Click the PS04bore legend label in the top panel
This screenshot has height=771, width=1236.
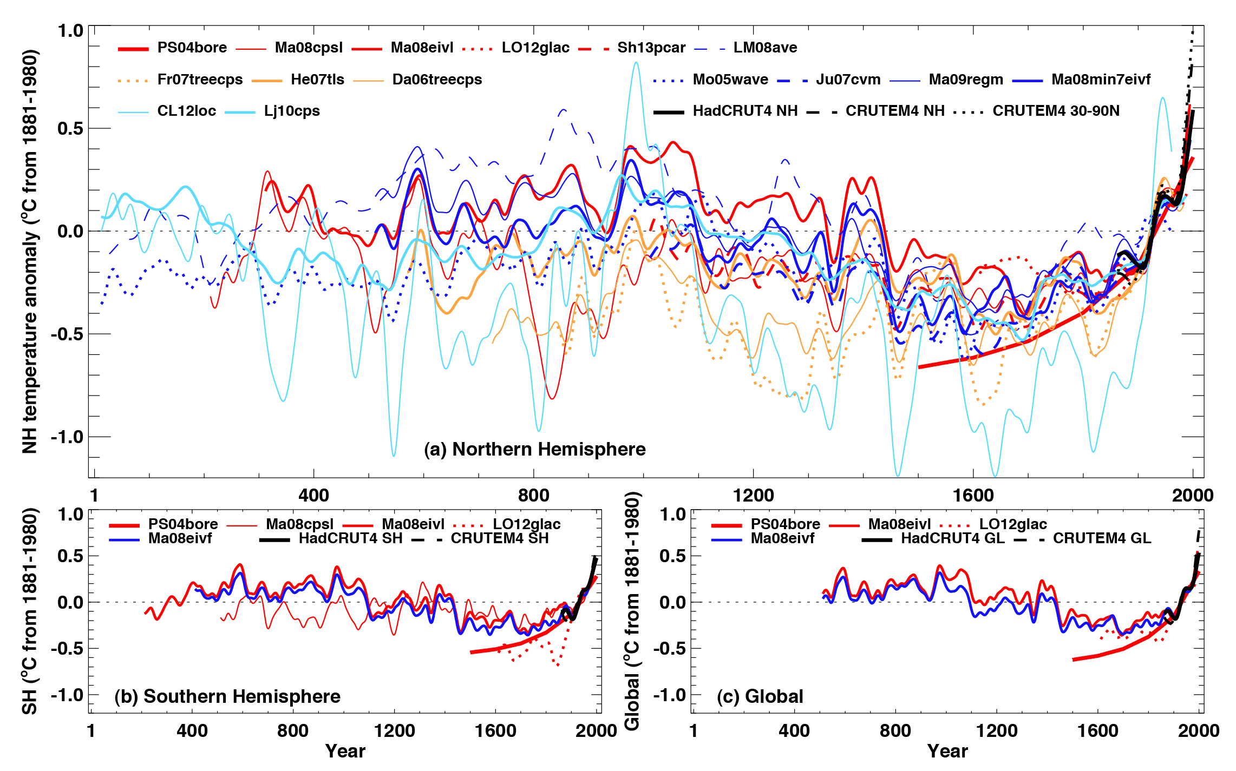point(192,48)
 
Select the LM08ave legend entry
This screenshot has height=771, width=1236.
point(765,48)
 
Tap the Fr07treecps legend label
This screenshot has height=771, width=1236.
point(200,80)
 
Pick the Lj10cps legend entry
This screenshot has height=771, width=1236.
point(292,111)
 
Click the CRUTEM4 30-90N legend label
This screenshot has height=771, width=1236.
point(1056,111)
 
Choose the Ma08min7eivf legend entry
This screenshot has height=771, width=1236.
point(1101,80)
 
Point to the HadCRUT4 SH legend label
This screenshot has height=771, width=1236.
point(350,538)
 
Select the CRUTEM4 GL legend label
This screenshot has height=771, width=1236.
point(1102,538)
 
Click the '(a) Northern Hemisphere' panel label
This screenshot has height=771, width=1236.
point(535,449)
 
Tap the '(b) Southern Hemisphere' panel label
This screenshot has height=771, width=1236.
point(227,696)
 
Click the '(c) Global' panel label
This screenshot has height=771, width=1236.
point(760,696)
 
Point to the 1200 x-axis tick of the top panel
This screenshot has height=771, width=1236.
point(753,495)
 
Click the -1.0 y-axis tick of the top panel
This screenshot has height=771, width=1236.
point(67,437)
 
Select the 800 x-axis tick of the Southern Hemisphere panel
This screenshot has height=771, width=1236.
point(293,730)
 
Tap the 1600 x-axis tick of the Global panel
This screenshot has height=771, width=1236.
point(1097,730)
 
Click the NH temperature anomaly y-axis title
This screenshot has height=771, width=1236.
point(30,252)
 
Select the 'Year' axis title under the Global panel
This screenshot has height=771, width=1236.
point(947,751)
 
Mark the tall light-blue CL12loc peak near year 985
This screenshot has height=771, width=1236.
point(636,63)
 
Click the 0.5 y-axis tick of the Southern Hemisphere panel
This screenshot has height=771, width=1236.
point(70,556)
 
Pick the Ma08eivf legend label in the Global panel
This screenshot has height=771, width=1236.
point(782,538)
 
